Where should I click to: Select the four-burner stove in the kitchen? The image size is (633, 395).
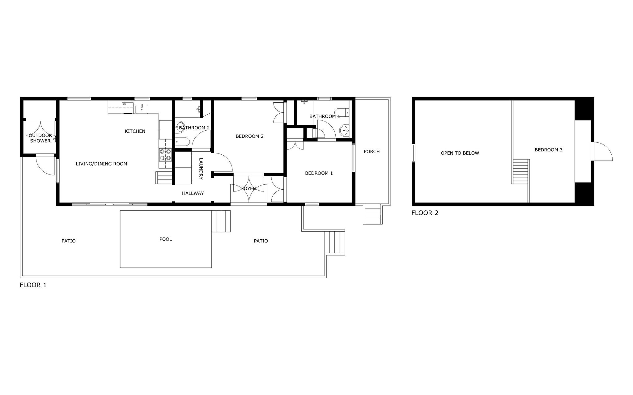(x=165, y=155)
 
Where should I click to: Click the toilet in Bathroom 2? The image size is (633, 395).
(x=182, y=142)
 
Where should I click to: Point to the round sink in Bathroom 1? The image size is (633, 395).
(x=344, y=131)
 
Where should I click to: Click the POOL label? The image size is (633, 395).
(x=166, y=239)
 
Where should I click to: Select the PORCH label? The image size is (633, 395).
(x=372, y=151)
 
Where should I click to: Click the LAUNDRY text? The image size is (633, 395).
(x=201, y=169)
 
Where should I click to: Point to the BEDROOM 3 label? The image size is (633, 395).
(x=549, y=150)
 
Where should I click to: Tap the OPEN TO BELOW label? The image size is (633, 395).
(x=460, y=153)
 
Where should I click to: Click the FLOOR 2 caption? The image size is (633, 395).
(x=425, y=213)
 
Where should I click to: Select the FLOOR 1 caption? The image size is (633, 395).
(x=33, y=285)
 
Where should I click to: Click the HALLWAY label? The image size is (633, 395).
(x=193, y=193)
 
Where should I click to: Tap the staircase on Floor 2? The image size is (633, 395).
(x=520, y=171)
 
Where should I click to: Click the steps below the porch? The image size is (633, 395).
(x=372, y=214)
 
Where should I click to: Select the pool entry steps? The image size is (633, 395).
(x=221, y=221)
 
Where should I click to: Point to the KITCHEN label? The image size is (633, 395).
(x=135, y=131)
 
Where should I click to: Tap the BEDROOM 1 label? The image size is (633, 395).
(x=319, y=173)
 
